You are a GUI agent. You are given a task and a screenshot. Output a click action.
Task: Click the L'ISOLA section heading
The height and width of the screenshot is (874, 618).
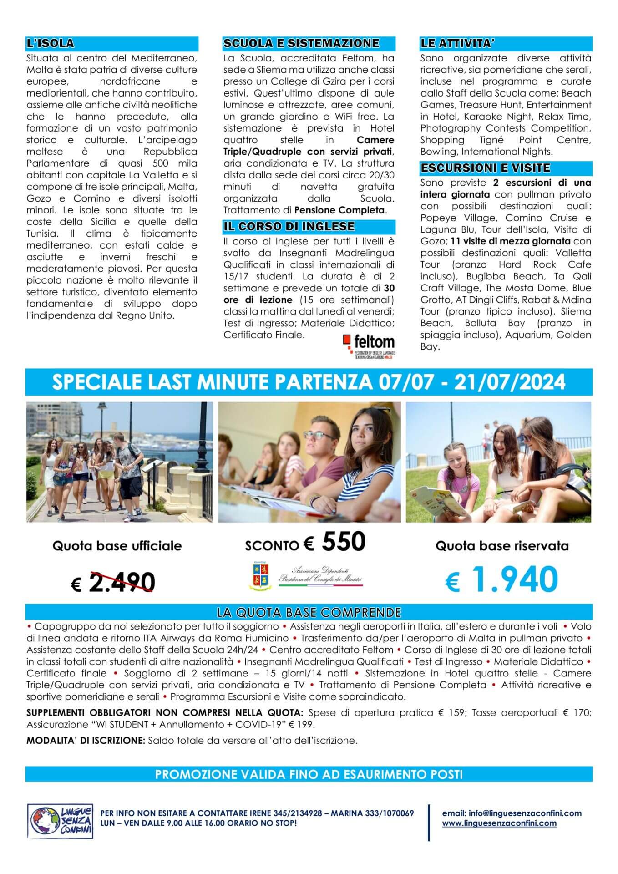tap(50, 44)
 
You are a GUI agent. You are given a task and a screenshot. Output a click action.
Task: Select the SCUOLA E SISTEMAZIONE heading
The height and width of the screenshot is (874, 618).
tap(301, 43)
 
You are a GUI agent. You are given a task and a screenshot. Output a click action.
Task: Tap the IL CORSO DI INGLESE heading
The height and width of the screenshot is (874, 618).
tap(289, 226)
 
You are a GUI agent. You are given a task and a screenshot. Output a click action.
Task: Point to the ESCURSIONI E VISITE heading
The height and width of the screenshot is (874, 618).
tap(485, 168)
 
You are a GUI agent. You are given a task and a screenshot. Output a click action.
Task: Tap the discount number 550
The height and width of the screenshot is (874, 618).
tap(344, 542)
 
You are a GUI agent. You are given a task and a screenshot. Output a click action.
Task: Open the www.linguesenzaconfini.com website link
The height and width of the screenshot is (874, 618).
tap(499, 823)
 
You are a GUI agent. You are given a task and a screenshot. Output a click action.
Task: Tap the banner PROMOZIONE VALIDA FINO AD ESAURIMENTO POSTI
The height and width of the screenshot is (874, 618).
tap(309, 774)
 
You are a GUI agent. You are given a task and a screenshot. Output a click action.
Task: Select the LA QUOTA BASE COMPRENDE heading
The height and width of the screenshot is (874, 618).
tap(309, 611)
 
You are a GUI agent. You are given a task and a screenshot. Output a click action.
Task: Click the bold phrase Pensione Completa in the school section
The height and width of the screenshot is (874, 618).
tap(339, 210)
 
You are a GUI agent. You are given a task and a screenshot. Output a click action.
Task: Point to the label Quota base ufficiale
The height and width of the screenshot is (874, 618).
tap(117, 546)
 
